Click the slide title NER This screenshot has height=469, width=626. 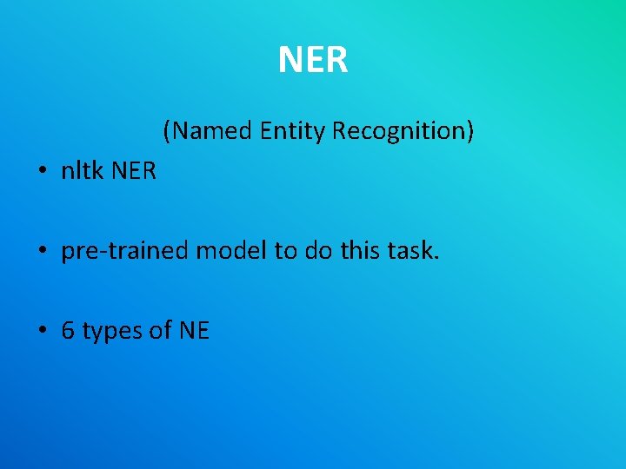(x=313, y=60)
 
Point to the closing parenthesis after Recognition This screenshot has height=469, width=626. (x=470, y=131)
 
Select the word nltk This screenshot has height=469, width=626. (x=80, y=171)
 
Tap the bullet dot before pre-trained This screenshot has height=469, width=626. (x=43, y=253)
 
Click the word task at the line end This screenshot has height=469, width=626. (x=413, y=252)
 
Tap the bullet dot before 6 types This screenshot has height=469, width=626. (x=43, y=332)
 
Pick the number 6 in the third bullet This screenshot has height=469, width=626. (x=68, y=331)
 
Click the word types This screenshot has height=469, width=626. (x=110, y=332)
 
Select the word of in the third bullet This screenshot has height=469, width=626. (x=159, y=331)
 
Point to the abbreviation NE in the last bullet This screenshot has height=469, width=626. (x=194, y=331)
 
